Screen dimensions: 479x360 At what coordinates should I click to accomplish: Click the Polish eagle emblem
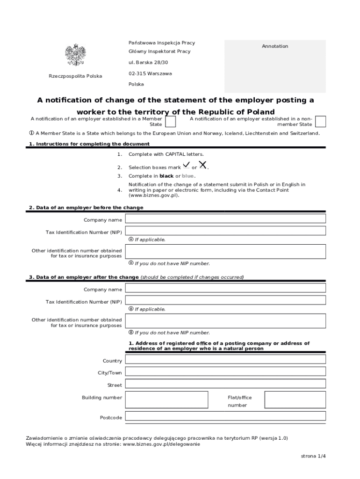pos(75,55)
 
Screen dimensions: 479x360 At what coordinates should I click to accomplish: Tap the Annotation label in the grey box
pos(275,46)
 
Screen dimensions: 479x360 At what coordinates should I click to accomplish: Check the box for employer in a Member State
pos(171,122)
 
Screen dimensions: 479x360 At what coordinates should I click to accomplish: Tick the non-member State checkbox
pos(320,122)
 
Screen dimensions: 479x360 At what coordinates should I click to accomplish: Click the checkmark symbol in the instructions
pos(187,165)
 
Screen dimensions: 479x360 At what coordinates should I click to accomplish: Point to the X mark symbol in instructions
pos(203,165)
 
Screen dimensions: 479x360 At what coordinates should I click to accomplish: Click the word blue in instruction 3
pos(187,176)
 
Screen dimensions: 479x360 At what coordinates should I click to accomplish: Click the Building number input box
pos(167,400)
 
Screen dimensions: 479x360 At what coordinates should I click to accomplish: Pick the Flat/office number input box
pos(295,400)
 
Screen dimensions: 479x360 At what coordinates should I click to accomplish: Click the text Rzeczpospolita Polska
pos(75,76)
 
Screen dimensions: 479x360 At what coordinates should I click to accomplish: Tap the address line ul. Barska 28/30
pos(148,62)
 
